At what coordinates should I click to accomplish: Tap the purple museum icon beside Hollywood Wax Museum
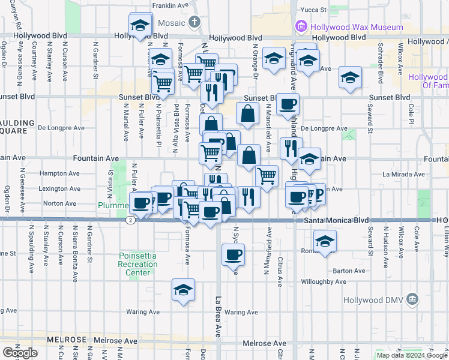point(301,27)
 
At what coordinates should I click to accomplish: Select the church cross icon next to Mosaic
point(194,23)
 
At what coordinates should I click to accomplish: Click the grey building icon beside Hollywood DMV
point(412,299)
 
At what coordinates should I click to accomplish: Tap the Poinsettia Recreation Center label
point(137,264)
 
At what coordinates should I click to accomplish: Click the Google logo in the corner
point(20,353)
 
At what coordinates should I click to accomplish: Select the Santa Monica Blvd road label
point(335,220)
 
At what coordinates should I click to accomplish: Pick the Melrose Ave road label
point(265,343)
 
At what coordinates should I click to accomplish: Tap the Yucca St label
point(313,10)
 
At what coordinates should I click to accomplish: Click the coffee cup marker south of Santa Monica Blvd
point(233,255)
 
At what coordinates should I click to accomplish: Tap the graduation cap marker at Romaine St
point(325,241)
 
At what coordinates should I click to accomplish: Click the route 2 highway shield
point(130,220)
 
